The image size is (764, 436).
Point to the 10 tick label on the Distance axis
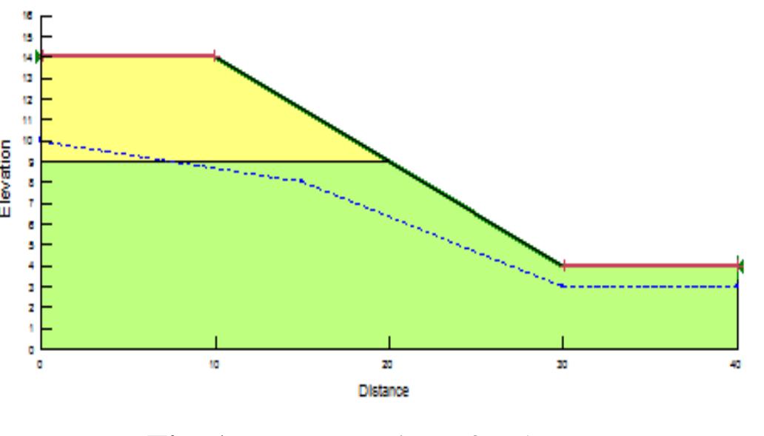point(215,363)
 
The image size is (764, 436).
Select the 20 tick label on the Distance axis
point(389,363)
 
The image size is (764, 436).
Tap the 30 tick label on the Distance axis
point(563,363)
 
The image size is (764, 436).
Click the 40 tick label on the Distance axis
point(737,363)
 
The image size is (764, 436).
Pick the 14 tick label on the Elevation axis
point(27,56)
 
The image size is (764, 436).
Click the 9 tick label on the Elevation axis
point(28,161)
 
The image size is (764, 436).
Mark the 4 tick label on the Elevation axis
point(28,266)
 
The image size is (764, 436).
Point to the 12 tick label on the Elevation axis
point(27,98)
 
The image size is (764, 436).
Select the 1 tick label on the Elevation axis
point(28,328)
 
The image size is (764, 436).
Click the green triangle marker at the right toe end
point(740,265)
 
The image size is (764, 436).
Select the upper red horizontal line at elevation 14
point(126,56)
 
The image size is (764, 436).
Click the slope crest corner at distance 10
point(215,56)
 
